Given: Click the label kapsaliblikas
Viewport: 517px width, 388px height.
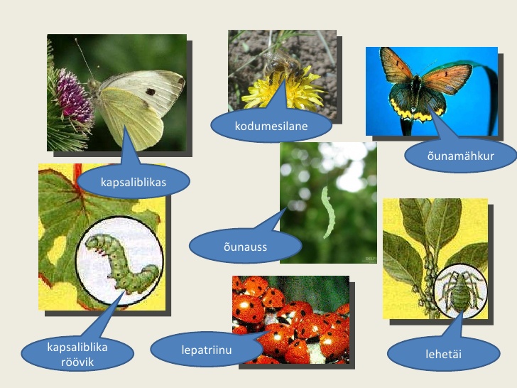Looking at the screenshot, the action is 134,182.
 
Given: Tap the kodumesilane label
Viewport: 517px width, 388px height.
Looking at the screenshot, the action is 271,126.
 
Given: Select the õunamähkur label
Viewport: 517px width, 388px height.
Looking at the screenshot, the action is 460,156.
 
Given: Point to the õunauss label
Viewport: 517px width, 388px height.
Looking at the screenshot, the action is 245,247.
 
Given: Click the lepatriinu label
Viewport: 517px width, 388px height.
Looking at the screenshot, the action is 207,350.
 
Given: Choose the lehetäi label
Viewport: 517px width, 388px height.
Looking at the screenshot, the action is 443,354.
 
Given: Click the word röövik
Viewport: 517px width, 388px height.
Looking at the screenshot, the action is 77,362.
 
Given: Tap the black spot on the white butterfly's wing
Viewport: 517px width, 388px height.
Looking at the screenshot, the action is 151,92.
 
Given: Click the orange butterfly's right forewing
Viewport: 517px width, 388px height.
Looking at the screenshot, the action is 447,77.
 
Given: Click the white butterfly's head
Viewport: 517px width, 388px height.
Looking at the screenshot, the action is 93,85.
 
